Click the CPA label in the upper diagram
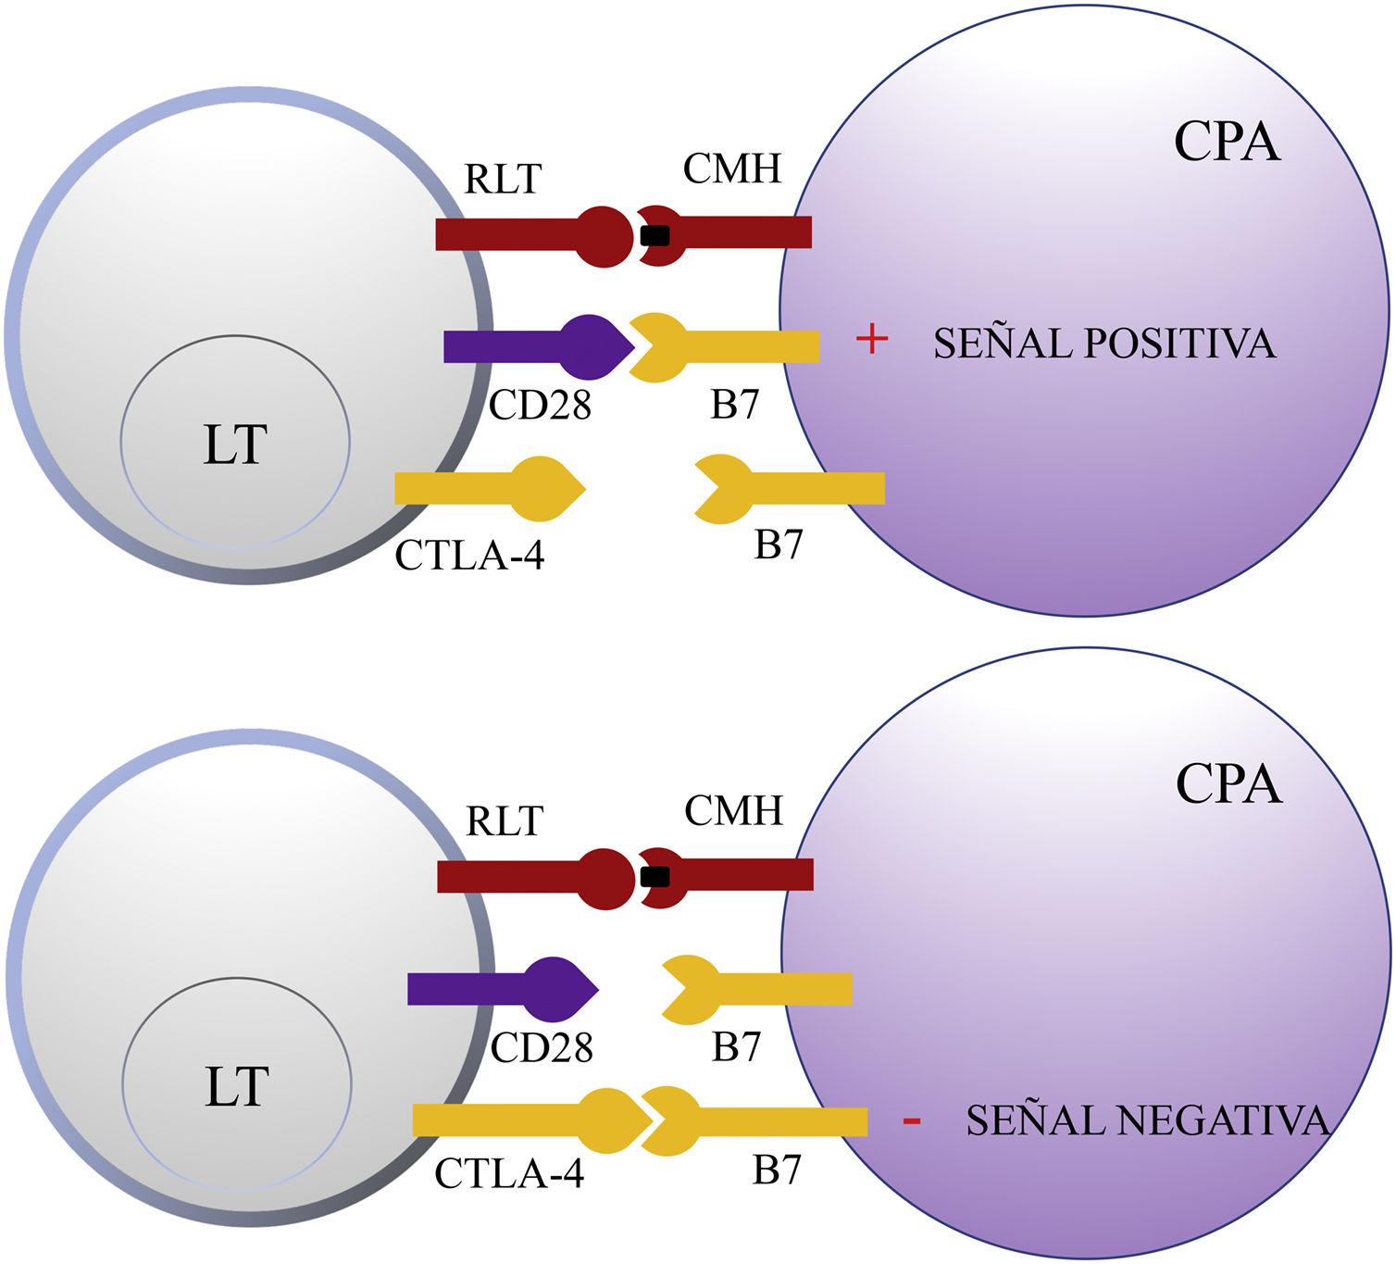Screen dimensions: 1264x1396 (x=1228, y=144)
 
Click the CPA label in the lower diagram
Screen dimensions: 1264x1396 (x=1228, y=785)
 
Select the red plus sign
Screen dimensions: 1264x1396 (x=871, y=341)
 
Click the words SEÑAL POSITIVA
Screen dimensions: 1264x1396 (x=1104, y=344)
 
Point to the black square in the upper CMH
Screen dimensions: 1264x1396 (x=654, y=236)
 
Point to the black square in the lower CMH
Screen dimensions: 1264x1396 (x=655, y=876)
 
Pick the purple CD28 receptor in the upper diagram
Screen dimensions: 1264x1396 (x=537, y=346)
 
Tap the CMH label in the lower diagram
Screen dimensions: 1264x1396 (x=733, y=811)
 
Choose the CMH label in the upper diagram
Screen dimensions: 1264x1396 (x=732, y=169)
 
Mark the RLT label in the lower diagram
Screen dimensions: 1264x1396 (x=505, y=820)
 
